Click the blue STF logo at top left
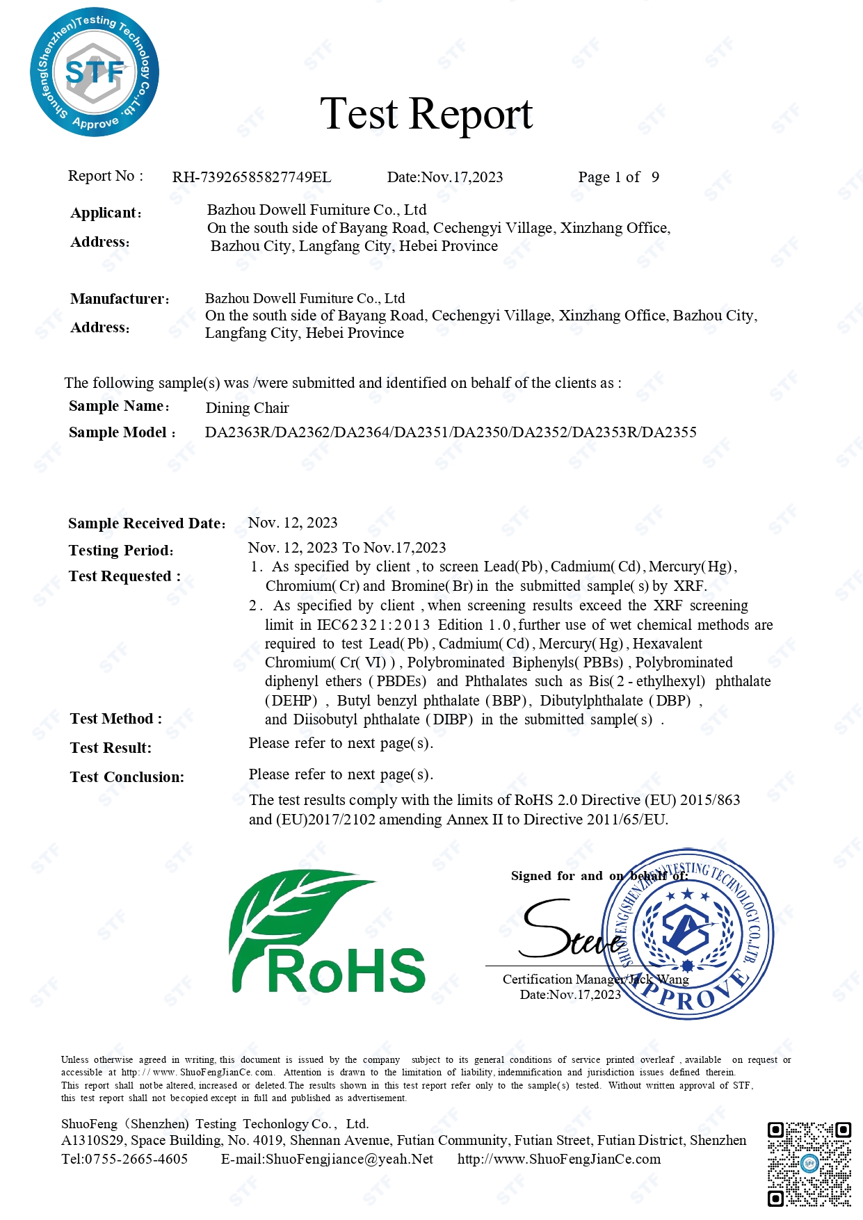95,72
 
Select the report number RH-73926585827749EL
252,177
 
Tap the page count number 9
655,177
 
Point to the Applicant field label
106,213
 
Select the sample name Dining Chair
247,408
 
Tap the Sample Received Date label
147,523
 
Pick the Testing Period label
121,551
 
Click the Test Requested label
124,576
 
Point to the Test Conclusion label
127,777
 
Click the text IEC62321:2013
373,625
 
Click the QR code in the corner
809,1163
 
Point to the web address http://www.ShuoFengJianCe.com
559,1159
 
